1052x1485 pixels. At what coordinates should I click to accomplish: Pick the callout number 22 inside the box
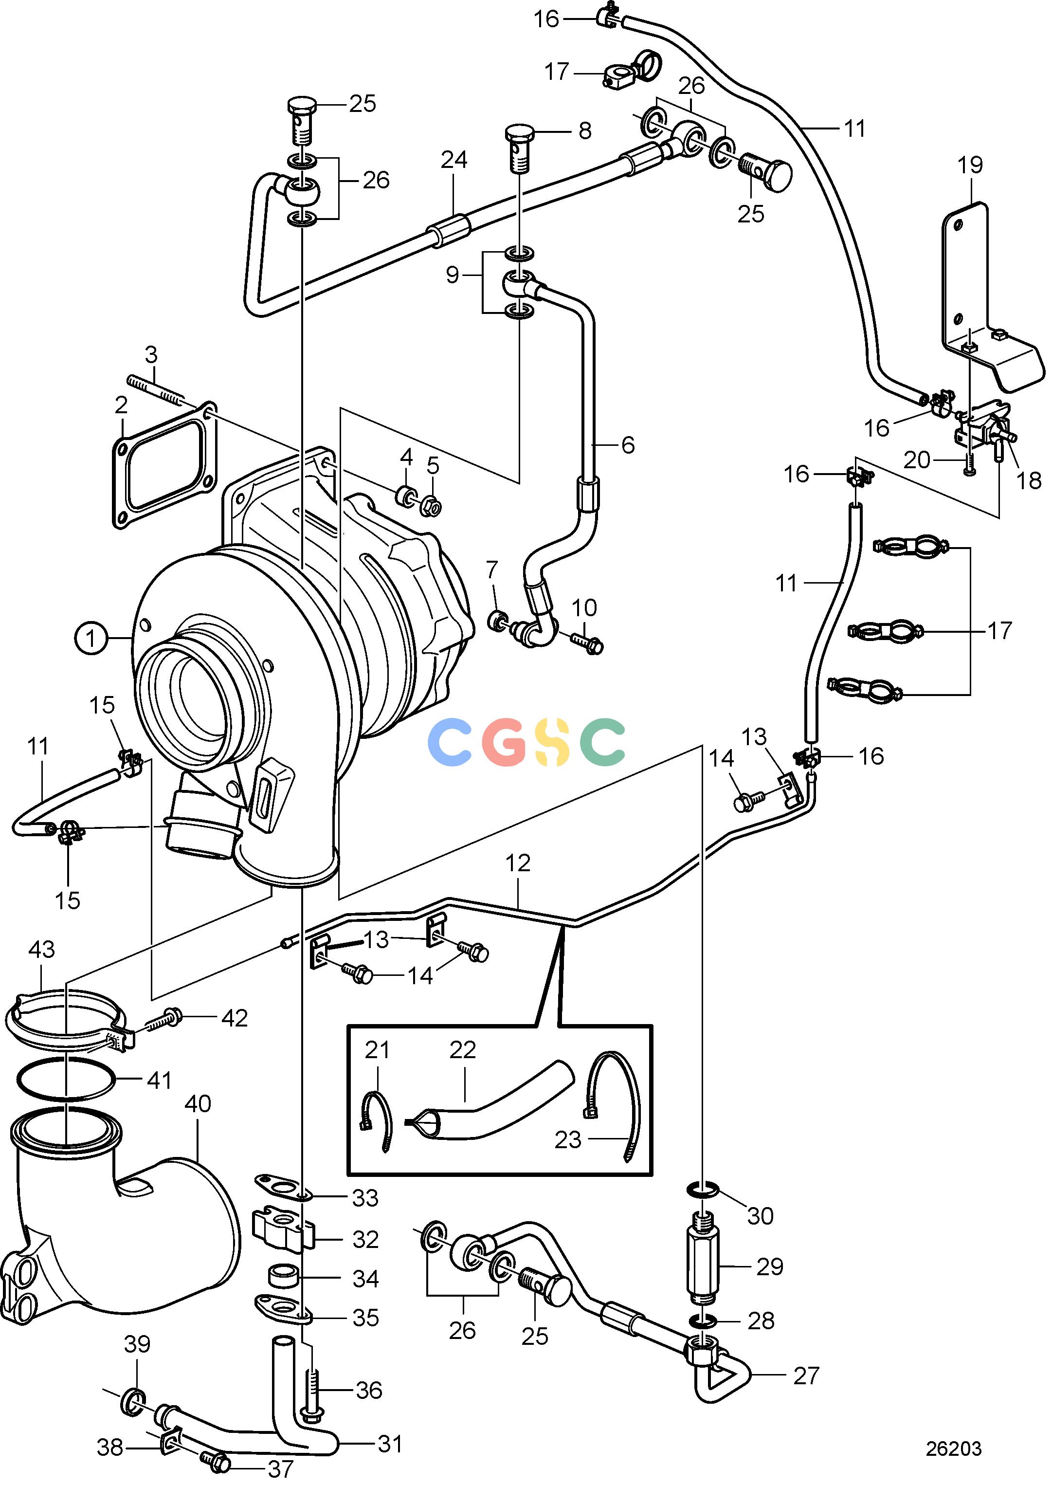click(463, 1049)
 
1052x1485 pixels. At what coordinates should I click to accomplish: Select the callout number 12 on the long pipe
click(518, 862)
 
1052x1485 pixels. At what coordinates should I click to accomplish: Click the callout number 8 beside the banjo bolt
click(585, 130)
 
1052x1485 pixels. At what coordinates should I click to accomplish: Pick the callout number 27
click(806, 1375)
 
